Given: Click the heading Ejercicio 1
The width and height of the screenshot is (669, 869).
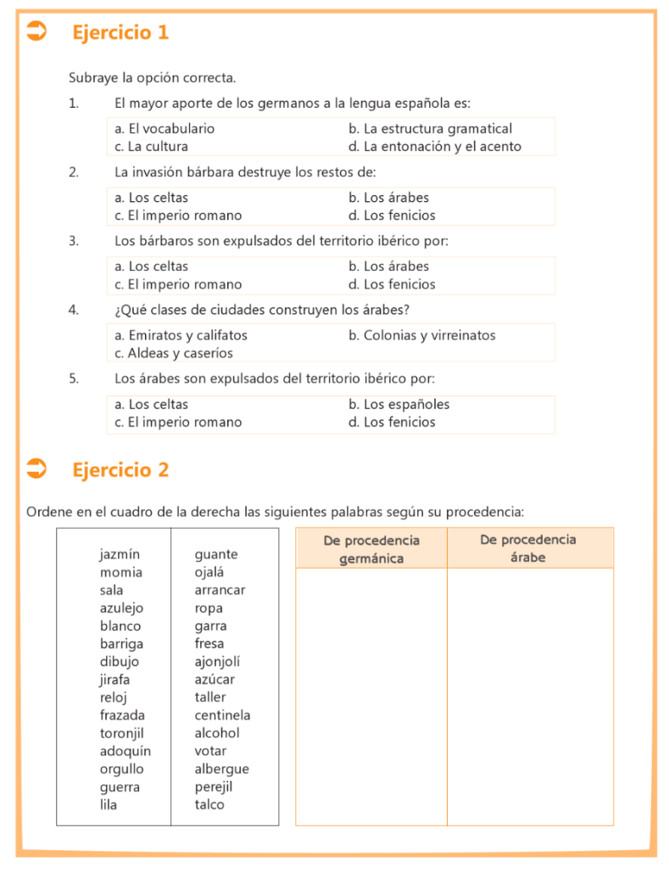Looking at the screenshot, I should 120,32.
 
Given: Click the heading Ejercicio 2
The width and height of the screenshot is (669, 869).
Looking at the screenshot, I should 120,469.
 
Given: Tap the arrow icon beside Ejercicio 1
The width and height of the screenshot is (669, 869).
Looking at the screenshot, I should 36,32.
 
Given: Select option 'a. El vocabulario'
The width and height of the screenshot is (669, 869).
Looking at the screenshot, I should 164,129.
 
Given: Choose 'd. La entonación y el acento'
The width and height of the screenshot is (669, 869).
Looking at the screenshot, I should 435,147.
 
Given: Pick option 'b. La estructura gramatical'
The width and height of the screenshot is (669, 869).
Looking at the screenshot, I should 431,129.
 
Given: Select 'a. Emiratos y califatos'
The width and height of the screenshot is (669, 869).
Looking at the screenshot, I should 181,335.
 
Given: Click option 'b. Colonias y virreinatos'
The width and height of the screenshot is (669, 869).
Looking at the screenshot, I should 422,335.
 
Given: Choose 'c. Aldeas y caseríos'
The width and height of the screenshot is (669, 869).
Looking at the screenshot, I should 174,353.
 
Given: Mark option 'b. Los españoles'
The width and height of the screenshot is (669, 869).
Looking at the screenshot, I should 399,404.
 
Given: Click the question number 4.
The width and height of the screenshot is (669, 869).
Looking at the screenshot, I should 74,310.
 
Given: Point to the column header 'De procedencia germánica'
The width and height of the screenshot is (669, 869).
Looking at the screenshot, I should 371,549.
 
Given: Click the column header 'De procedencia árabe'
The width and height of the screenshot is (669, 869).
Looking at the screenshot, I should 528,549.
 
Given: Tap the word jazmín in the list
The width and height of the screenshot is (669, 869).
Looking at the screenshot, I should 120,554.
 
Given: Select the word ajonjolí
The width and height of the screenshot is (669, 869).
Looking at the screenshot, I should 217,662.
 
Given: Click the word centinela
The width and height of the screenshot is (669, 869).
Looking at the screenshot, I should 222,715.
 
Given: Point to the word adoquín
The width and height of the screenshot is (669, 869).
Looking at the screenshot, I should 125,751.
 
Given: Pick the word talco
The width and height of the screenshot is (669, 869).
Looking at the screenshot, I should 209,805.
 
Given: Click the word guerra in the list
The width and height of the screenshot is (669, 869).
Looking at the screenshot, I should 120,787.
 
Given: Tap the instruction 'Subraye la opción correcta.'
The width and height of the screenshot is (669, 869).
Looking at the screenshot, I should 153,78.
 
